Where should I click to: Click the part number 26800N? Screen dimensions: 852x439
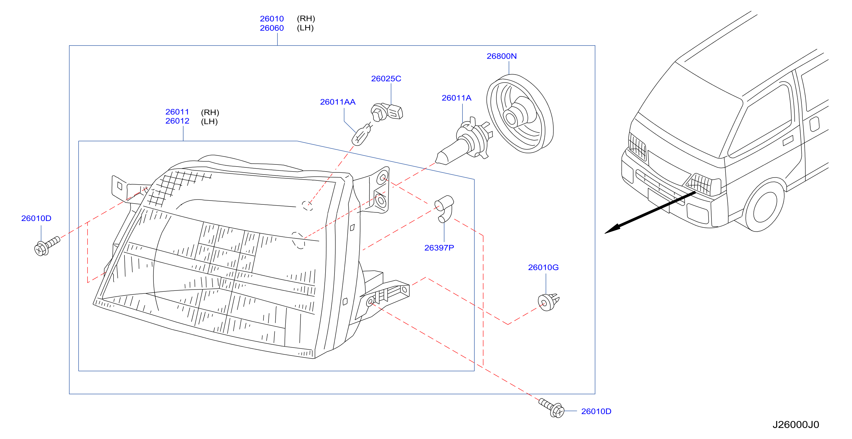point(501,56)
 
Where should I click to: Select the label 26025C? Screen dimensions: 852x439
point(386,79)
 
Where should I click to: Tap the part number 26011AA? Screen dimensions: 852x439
point(338,102)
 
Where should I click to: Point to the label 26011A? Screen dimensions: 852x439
point(456,98)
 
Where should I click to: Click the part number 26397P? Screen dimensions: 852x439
point(439,248)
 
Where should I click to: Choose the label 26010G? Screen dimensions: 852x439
point(543,267)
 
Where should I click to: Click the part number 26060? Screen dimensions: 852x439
point(271,28)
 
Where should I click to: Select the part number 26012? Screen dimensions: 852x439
point(177,121)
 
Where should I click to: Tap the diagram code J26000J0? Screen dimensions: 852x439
point(796,425)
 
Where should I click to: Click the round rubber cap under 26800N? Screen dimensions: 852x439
point(520,114)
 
